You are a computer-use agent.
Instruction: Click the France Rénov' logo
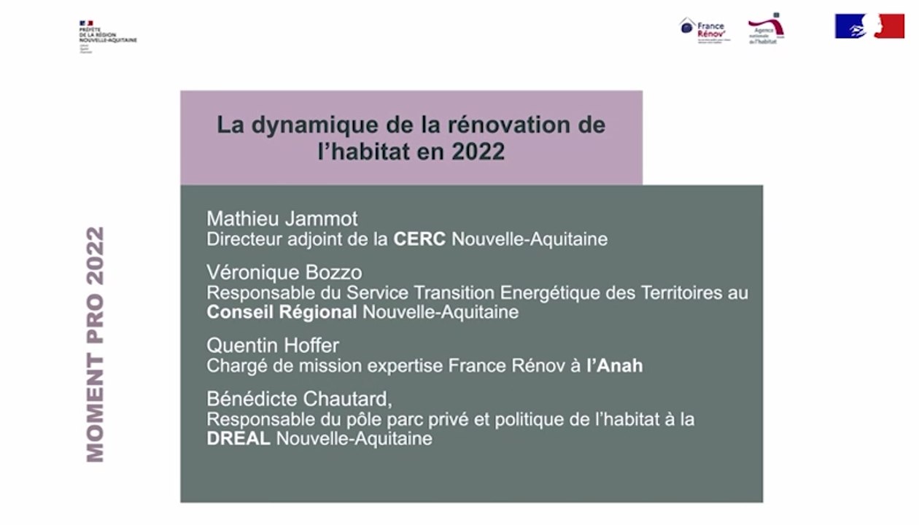(702, 29)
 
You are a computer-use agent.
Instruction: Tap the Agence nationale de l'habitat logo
(765, 29)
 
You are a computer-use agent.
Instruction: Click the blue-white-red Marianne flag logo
(869, 26)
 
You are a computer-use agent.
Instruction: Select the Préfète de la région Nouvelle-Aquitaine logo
(106, 34)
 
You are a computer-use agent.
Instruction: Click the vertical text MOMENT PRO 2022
(96, 344)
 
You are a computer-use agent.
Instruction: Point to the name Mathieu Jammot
(282, 218)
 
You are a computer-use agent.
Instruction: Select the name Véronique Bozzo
(284, 273)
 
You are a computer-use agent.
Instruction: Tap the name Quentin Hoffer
(274, 344)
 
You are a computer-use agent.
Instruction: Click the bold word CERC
(419, 239)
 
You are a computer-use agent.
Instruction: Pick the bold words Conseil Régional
(282, 312)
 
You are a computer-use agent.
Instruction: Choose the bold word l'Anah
(615, 365)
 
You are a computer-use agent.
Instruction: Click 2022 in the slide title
(478, 151)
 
